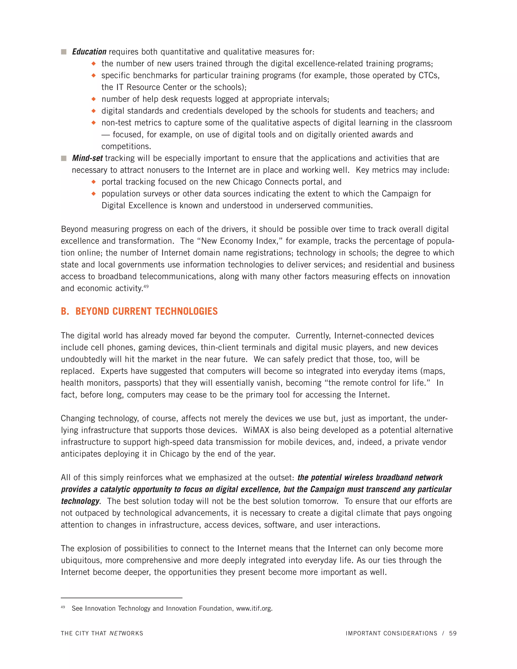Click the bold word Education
(x=89, y=52)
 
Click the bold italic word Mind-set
(x=87, y=158)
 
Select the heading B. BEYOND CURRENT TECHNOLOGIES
(x=139, y=311)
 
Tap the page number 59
(x=453, y=633)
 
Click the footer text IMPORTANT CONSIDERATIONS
(x=392, y=633)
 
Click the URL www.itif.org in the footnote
(x=254, y=608)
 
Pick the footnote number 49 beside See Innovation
(x=63, y=607)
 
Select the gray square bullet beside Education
(x=64, y=52)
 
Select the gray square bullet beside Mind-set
(x=64, y=158)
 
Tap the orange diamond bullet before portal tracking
(x=94, y=182)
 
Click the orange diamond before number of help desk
(x=94, y=99)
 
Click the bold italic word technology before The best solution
(x=80, y=501)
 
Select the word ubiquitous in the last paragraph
(x=81, y=560)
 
